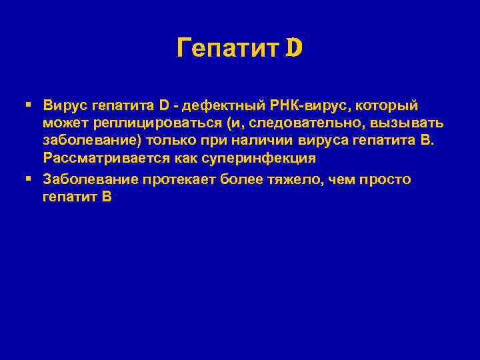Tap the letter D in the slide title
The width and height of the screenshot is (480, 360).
[x=294, y=48]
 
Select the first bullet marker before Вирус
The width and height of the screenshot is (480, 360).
[x=27, y=105]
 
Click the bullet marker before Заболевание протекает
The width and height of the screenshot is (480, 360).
[x=27, y=179]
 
